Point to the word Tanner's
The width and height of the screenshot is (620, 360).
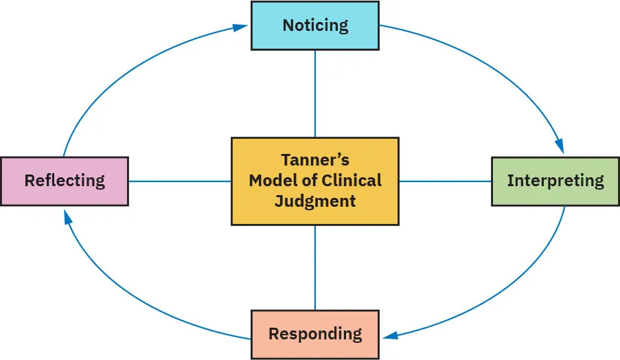315,160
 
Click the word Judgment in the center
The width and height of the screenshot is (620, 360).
315,201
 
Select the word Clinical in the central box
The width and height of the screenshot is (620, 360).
352,181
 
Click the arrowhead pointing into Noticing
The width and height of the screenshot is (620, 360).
240,27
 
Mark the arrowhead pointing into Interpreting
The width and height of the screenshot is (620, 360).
559,146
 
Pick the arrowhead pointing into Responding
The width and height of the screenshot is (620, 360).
391,335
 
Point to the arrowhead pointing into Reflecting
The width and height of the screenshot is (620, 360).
67,218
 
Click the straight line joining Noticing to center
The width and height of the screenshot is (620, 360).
315,93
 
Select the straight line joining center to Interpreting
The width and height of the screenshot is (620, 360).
445,181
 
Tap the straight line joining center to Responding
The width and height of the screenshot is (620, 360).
315,267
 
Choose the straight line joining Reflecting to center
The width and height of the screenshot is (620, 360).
179,181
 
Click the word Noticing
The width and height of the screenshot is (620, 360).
315,25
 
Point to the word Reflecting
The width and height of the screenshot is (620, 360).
65,181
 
